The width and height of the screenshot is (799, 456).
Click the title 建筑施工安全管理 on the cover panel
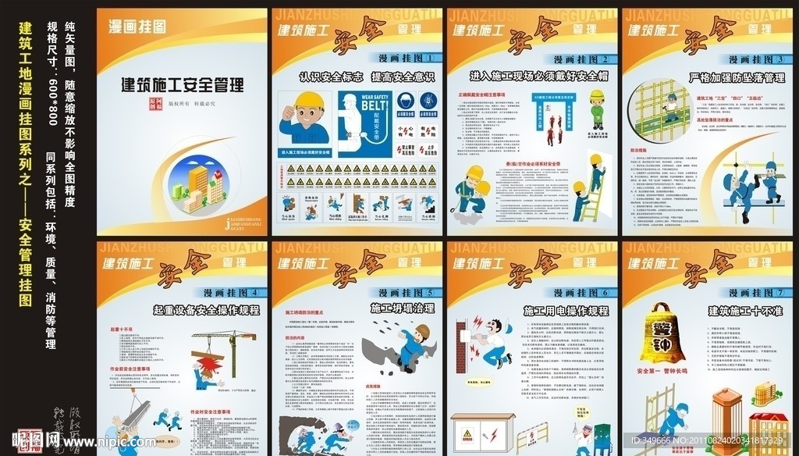182,84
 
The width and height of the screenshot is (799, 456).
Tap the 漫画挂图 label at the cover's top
137,27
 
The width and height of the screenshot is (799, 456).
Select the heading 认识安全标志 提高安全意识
356,77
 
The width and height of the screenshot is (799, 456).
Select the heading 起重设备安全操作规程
206,310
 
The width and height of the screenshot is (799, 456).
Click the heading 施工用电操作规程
566,311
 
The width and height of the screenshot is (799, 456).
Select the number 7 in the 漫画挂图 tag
781,293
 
